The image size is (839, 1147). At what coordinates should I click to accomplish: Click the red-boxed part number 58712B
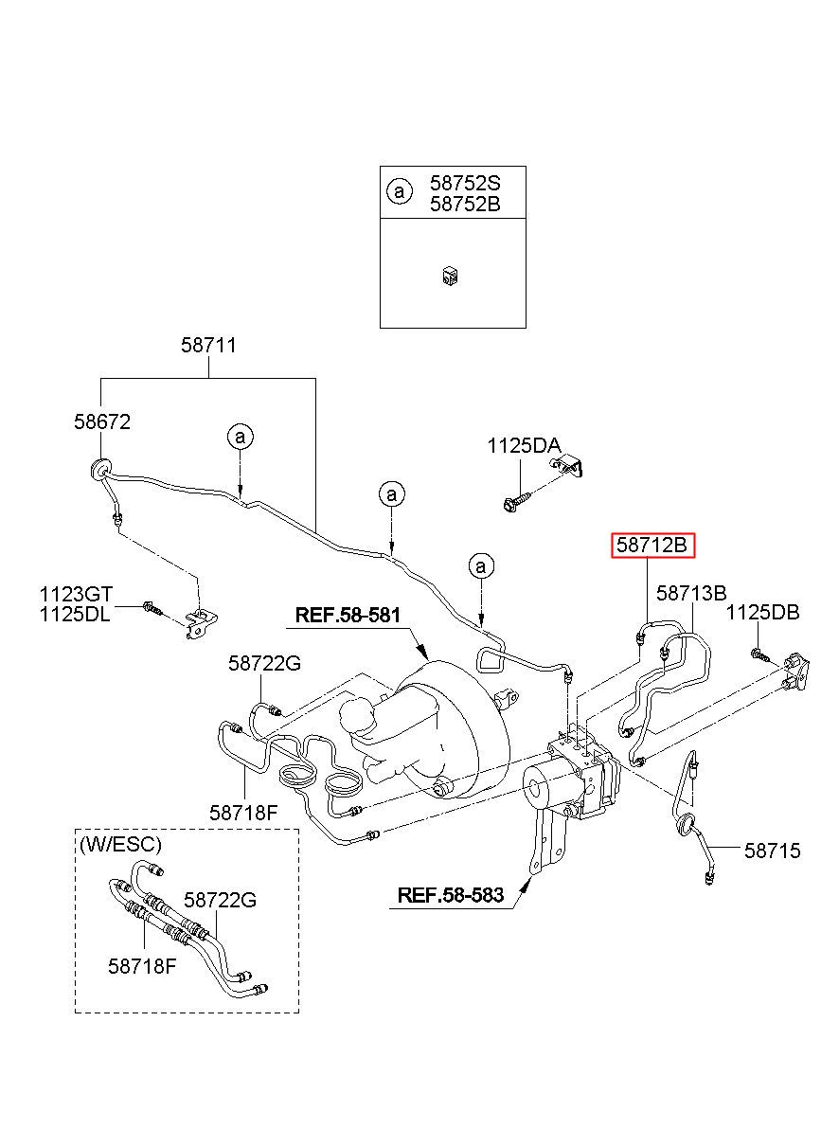pyautogui.click(x=652, y=545)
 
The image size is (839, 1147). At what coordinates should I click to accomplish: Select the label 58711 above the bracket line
pyautogui.click(x=209, y=345)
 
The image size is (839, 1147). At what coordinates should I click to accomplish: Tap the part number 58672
pyautogui.click(x=102, y=421)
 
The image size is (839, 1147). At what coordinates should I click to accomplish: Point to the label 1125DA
pyautogui.click(x=524, y=446)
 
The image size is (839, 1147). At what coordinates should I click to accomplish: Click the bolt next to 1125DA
pyautogui.click(x=516, y=502)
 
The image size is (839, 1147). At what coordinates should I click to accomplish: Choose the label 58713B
pyautogui.click(x=691, y=593)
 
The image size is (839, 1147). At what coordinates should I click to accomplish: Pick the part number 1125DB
pyautogui.click(x=762, y=613)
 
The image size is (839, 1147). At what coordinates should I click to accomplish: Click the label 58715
pyautogui.click(x=773, y=851)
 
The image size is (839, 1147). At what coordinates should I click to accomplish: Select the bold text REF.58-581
pyautogui.click(x=348, y=615)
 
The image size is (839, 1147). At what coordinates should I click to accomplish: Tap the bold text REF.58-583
pyautogui.click(x=451, y=896)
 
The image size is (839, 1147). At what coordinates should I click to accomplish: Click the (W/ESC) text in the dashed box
pyautogui.click(x=121, y=844)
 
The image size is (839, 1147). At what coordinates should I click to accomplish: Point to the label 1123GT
pyautogui.click(x=76, y=595)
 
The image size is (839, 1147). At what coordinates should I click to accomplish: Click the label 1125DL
pyautogui.click(x=75, y=614)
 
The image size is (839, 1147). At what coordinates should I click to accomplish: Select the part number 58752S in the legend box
pyautogui.click(x=465, y=183)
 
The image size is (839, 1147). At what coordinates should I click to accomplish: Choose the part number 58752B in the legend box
pyautogui.click(x=465, y=204)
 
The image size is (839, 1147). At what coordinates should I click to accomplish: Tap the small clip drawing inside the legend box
pyautogui.click(x=451, y=277)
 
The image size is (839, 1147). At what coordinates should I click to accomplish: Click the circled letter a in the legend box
pyautogui.click(x=400, y=191)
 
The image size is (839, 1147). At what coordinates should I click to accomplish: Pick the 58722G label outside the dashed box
pyautogui.click(x=264, y=664)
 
